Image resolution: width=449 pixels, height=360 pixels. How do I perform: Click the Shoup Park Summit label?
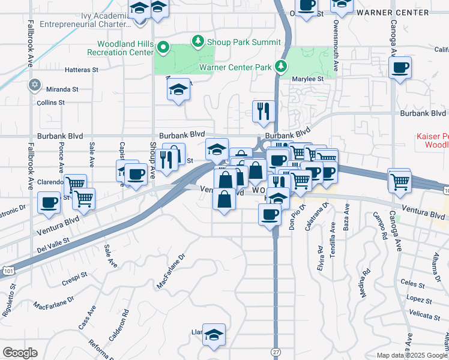click(243, 42)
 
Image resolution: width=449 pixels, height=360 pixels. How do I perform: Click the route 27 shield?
click(276, 352)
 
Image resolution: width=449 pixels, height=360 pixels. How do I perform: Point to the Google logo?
click(20, 353)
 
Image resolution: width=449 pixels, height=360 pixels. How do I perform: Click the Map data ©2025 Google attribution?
click(411, 355)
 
